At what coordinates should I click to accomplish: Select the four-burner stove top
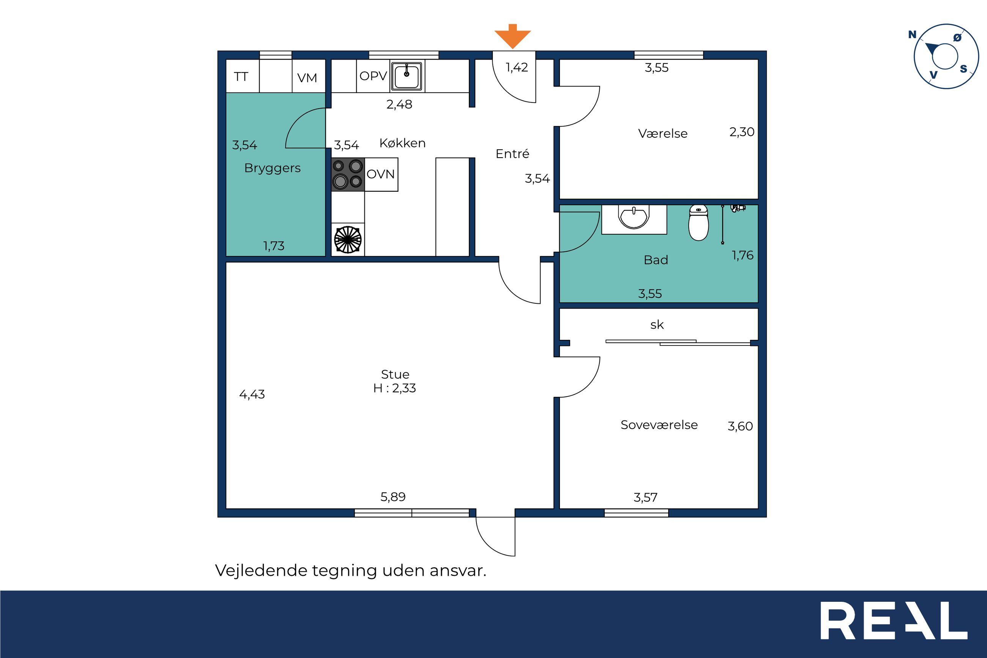[x=348, y=174]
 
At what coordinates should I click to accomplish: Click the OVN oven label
[x=380, y=174]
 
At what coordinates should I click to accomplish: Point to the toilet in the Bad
[x=698, y=222]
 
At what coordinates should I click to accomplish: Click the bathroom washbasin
[x=634, y=216]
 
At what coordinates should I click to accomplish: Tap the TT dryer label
[x=241, y=77]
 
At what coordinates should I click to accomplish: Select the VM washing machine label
[x=307, y=77]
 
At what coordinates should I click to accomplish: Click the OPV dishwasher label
[x=373, y=76]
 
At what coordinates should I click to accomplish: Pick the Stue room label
[x=395, y=374]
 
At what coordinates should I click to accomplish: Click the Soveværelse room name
[x=659, y=424]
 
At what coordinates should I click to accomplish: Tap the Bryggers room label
[x=272, y=168]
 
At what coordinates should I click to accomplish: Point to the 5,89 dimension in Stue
[x=393, y=497]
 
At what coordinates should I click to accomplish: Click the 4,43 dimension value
[x=252, y=394]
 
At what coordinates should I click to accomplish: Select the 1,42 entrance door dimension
[x=517, y=68]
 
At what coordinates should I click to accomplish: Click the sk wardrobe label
[x=657, y=324]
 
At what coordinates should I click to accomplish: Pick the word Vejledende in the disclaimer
[x=261, y=571]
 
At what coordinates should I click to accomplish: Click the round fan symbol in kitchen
[x=347, y=240]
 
